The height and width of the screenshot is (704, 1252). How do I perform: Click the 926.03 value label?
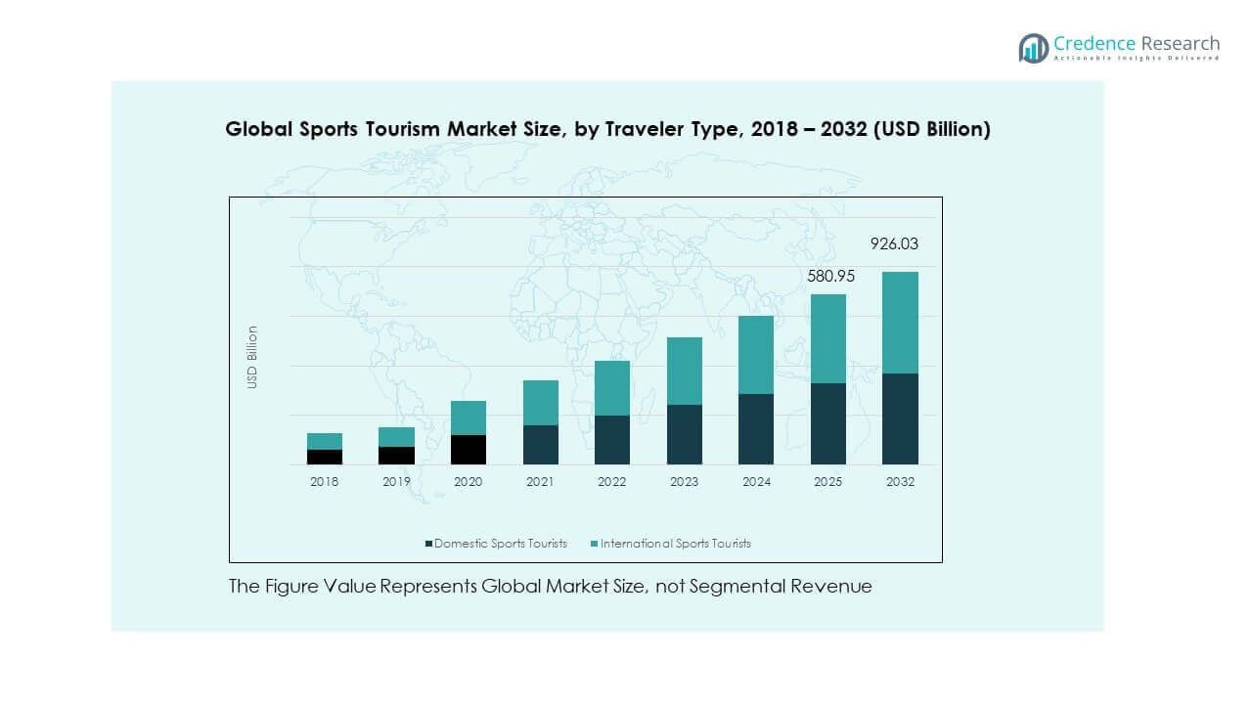(x=895, y=244)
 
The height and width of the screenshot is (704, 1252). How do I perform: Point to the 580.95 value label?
(x=830, y=277)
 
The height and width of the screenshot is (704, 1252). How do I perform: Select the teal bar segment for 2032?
(x=900, y=323)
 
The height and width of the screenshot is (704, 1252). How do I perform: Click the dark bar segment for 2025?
(x=827, y=423)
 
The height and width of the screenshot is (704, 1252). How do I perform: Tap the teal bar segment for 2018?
(x=325, y=441)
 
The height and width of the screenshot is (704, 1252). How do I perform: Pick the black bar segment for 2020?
(x=469, y=450)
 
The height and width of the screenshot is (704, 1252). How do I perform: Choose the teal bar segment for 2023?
(x=684, y=371)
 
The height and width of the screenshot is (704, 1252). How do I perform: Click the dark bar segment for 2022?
(x=612, y=440)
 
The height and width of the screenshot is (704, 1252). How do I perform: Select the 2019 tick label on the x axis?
(x=396, y=482)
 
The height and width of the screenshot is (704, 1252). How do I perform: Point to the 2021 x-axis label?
(x=540, y=482)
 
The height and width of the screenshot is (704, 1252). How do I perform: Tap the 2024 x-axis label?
(x=756, y=482)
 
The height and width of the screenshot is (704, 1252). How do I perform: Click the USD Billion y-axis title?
(x=252, y=357)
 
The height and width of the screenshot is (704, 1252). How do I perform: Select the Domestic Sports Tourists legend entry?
(x=496, y=544)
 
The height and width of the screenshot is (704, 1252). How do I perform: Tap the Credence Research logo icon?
(x=1033, y=48)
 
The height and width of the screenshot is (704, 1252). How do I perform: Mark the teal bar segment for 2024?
(x=756, y=355)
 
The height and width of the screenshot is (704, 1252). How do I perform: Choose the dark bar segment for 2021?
(x=540, y=445)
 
